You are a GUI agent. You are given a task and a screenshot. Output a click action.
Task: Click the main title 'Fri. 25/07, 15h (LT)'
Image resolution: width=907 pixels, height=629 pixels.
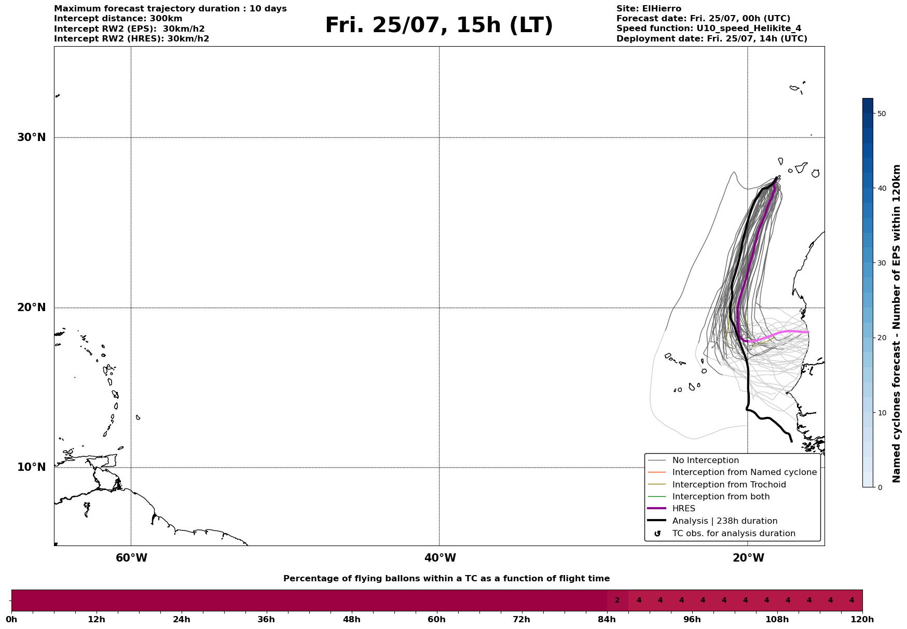click(x=439, y=25)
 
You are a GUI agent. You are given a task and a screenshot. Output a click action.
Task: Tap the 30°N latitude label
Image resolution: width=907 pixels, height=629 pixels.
click(x=31, y=137)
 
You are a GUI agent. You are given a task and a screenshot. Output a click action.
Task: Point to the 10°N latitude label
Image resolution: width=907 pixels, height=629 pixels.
click(x=31, y=467)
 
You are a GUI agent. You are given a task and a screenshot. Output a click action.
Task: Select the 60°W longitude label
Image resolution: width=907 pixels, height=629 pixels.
click(x=131, y=558)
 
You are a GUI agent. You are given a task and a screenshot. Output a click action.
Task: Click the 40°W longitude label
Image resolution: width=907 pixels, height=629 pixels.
click(x=440, y=558)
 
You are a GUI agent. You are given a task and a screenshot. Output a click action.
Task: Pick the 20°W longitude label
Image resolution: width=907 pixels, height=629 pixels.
click(x=748, y=558)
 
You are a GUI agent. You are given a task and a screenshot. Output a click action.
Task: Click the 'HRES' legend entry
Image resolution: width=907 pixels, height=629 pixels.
click(x=683, y=509)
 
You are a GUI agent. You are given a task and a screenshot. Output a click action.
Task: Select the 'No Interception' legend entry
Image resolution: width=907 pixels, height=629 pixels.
click(x=705, y=460)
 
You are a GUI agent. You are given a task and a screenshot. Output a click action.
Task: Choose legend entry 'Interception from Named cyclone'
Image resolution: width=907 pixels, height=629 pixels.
click(x=744, y=472)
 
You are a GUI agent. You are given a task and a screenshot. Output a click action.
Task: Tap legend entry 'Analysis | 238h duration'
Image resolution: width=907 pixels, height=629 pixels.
click(x=724, y=521)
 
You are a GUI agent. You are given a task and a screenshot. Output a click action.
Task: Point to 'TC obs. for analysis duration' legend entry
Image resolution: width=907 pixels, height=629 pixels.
click(x=733, y=534)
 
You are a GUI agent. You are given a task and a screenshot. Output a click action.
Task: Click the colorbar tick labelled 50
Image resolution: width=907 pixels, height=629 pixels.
click(x=881, y=114)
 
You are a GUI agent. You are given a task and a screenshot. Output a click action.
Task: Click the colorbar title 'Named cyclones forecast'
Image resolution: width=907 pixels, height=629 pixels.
click(x=896, y=324)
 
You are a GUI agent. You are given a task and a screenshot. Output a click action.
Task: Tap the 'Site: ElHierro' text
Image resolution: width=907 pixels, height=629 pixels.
click(x=649, y=9)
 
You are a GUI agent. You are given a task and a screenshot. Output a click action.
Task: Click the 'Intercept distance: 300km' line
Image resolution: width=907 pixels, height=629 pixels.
click(x=118, y=19)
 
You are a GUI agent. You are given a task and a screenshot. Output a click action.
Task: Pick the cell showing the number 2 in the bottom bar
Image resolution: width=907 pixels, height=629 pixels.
click(x=617, y=600)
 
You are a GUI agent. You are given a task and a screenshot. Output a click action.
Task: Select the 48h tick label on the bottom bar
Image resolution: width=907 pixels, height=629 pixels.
click(x=351, y=620)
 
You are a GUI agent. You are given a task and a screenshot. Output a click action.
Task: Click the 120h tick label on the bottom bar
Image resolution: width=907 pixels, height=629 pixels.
click(x=862, y=620)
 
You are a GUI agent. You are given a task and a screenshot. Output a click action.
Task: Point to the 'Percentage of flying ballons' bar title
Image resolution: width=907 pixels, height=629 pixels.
click(x=446, y=579)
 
